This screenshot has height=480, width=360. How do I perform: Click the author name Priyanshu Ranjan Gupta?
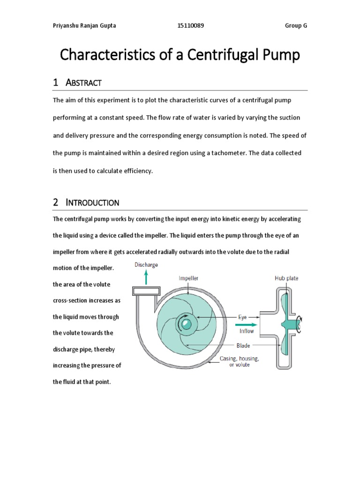[84, 26]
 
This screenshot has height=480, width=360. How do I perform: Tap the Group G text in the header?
[296, 26]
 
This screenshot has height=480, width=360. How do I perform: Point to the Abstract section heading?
[83, 83]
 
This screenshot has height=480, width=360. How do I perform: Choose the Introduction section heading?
[92, 202]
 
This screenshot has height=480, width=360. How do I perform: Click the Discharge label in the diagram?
[146, 265]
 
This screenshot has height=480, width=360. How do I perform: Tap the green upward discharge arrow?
[147, 277]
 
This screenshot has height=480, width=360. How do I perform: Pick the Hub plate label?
[286, 278]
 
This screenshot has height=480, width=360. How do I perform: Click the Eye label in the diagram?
[242, 317]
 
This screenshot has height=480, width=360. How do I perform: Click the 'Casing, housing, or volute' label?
[240, 361]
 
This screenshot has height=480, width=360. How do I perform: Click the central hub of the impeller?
[186, 323]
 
